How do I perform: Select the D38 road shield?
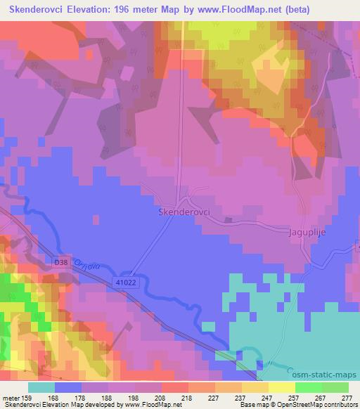pos(62,262)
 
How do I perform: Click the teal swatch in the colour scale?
pos(42,387)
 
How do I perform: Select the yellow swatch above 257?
pos(281,387)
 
